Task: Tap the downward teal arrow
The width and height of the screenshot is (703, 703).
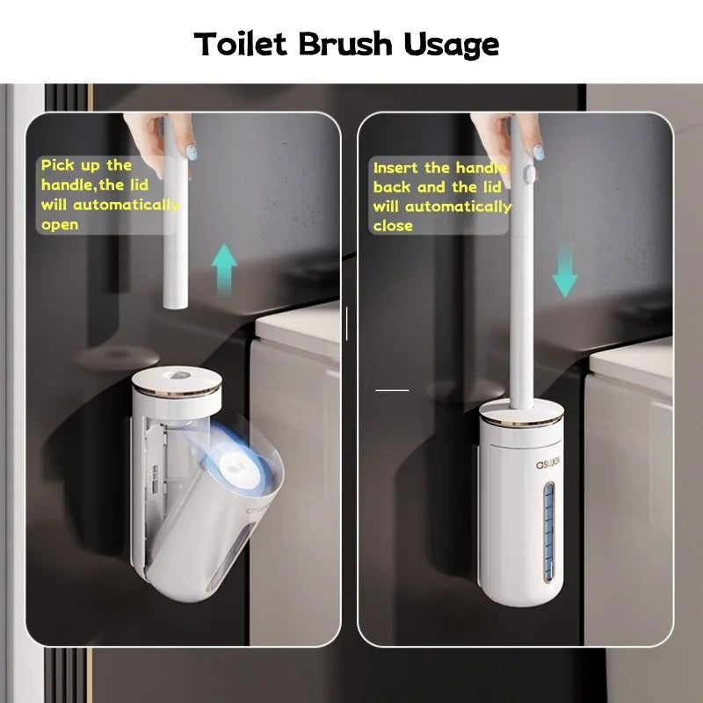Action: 565,271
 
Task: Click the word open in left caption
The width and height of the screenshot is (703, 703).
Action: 60,225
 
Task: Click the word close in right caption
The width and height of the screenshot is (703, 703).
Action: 393,226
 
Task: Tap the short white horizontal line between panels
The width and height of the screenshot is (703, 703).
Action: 392,389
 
